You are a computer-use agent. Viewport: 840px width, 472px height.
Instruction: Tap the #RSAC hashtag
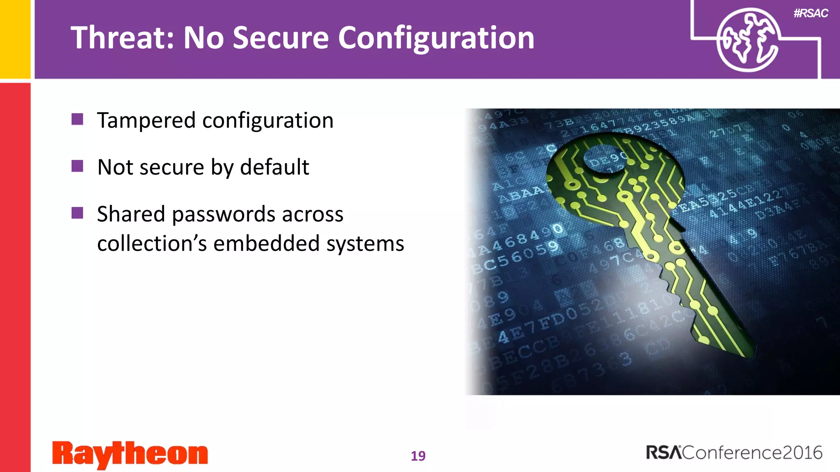[810, 13]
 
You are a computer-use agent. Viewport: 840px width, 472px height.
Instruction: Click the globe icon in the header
[747, 40]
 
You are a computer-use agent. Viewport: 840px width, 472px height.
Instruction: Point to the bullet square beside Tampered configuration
[77, 119]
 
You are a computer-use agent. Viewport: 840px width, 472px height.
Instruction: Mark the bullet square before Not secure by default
[77, 166]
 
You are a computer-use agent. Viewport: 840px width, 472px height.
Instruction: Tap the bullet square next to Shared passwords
[77, 213]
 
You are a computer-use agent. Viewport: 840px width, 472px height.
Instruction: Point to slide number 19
[418, 456]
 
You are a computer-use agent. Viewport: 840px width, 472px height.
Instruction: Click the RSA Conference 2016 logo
[734, 453]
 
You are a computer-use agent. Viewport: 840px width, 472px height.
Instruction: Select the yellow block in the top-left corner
[15, 39]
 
